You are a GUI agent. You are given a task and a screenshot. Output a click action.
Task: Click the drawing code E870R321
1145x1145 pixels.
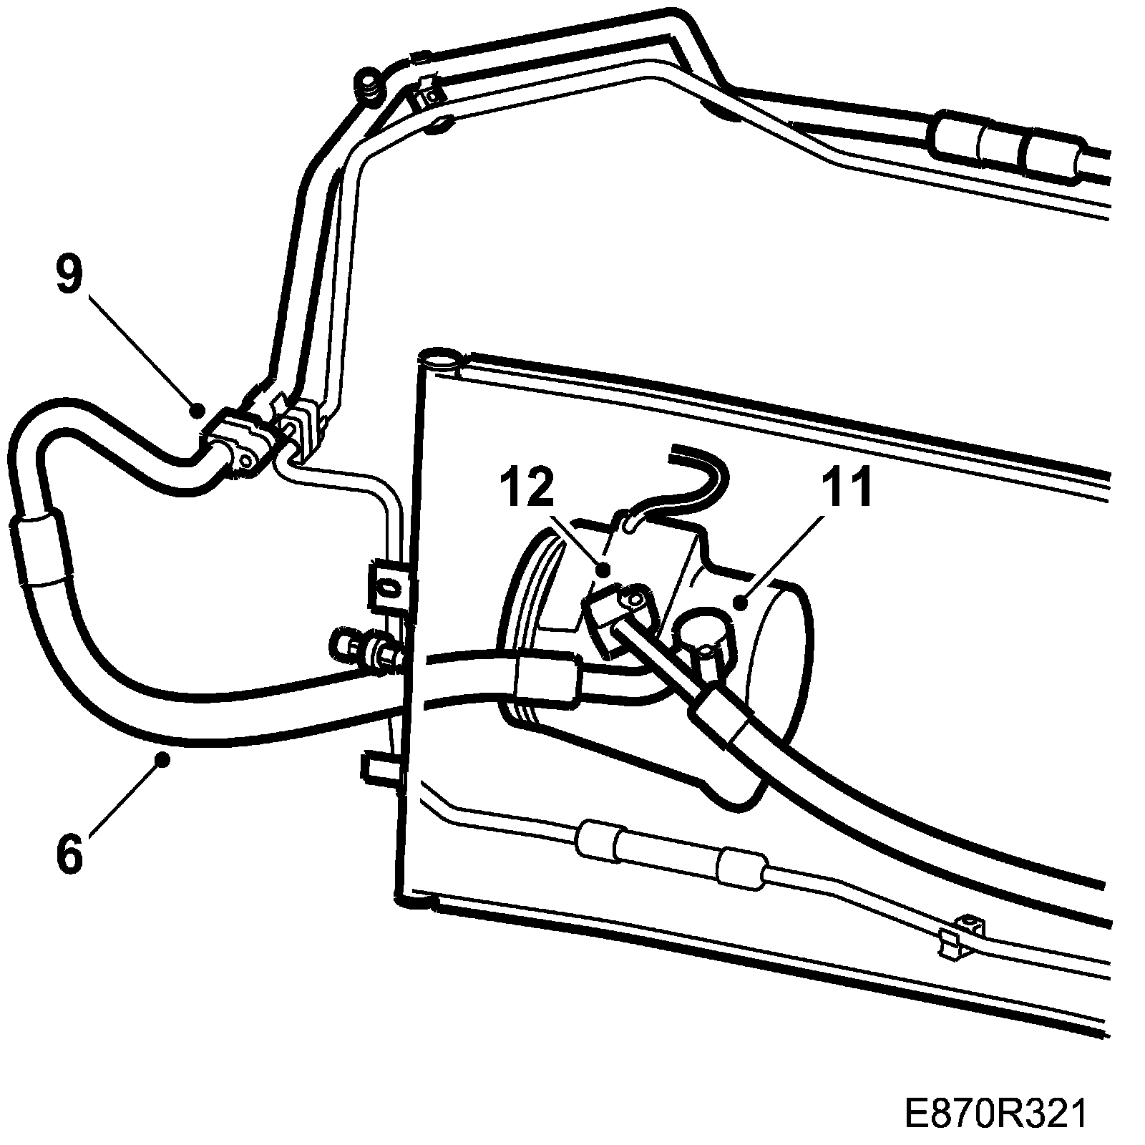[x=995, y=1114]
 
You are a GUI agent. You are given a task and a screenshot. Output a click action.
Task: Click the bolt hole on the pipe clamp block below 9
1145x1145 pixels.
[x=245, y=460]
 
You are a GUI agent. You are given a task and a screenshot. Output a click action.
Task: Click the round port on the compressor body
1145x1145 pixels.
[x=704, y=628]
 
